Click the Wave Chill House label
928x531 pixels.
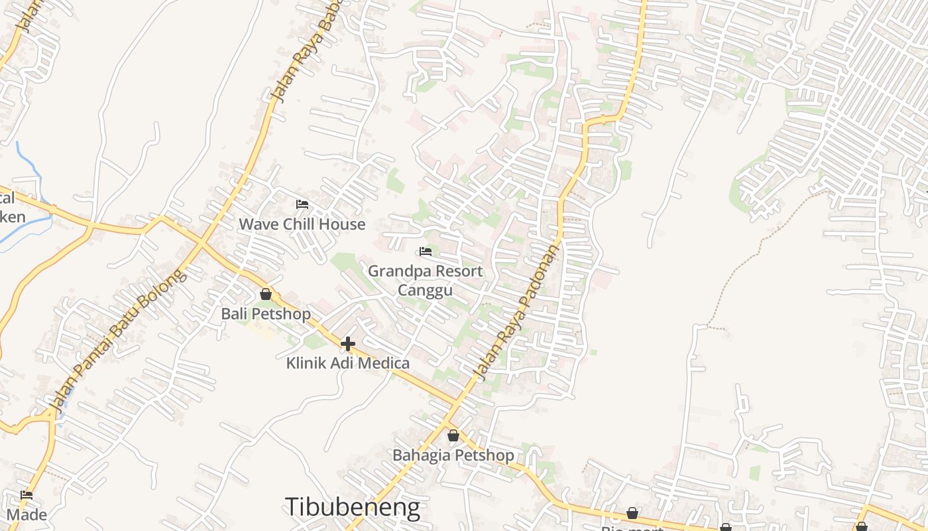[x=302, y=224]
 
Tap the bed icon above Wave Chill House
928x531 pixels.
[x=302, y=204]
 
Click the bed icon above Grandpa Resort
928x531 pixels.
[x=426, y=252]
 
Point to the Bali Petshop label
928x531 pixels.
[x=266, y=314]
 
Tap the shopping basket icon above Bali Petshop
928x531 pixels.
[x=266, y=294]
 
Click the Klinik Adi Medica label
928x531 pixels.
[x=347, y=363]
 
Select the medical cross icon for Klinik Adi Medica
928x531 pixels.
[x=347, y=344]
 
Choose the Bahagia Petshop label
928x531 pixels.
[x=453, y=455]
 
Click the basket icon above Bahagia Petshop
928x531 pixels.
[x=453, y=436]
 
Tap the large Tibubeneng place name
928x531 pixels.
[x=353, y=507]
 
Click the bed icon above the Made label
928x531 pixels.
[x=27, y=495]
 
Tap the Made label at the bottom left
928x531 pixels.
[x=27, y=514]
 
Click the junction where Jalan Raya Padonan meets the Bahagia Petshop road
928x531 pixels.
[x=457, y=404]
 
